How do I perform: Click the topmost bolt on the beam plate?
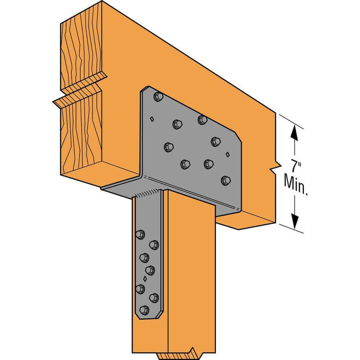click(158, 96)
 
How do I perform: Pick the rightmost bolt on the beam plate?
click(225, 180)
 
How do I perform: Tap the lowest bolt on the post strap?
click(145, 310)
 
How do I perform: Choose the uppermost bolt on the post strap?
click(140, 235)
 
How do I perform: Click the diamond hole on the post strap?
click(146, 280)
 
